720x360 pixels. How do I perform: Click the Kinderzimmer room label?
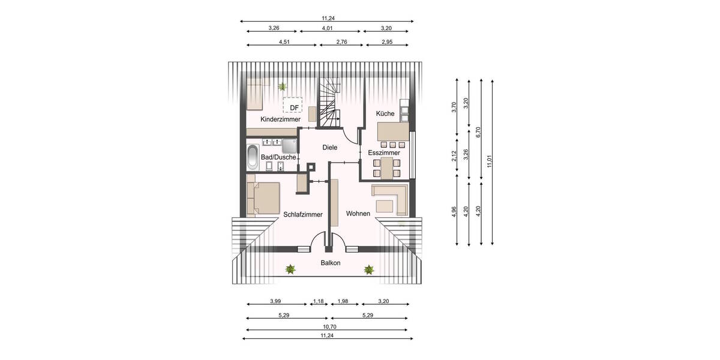(280, 119)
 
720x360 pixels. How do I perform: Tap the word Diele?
(330, 147)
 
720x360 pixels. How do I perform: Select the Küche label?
(385, 113)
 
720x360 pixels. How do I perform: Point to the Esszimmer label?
(384, 153)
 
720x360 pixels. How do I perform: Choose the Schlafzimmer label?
(303, 214)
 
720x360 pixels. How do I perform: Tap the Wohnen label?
(358, 213)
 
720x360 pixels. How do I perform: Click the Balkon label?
(330, 263)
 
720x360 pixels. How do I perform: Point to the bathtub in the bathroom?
(253, 158)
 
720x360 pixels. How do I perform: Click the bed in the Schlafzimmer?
(264, 197)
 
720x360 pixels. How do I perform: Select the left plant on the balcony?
(290, 270)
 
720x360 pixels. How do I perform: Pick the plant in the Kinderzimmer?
(281, 87)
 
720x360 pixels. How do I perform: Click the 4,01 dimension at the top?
(327, 28)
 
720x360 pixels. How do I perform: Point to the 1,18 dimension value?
(317, 301)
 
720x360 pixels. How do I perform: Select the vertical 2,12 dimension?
(455, 155)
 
